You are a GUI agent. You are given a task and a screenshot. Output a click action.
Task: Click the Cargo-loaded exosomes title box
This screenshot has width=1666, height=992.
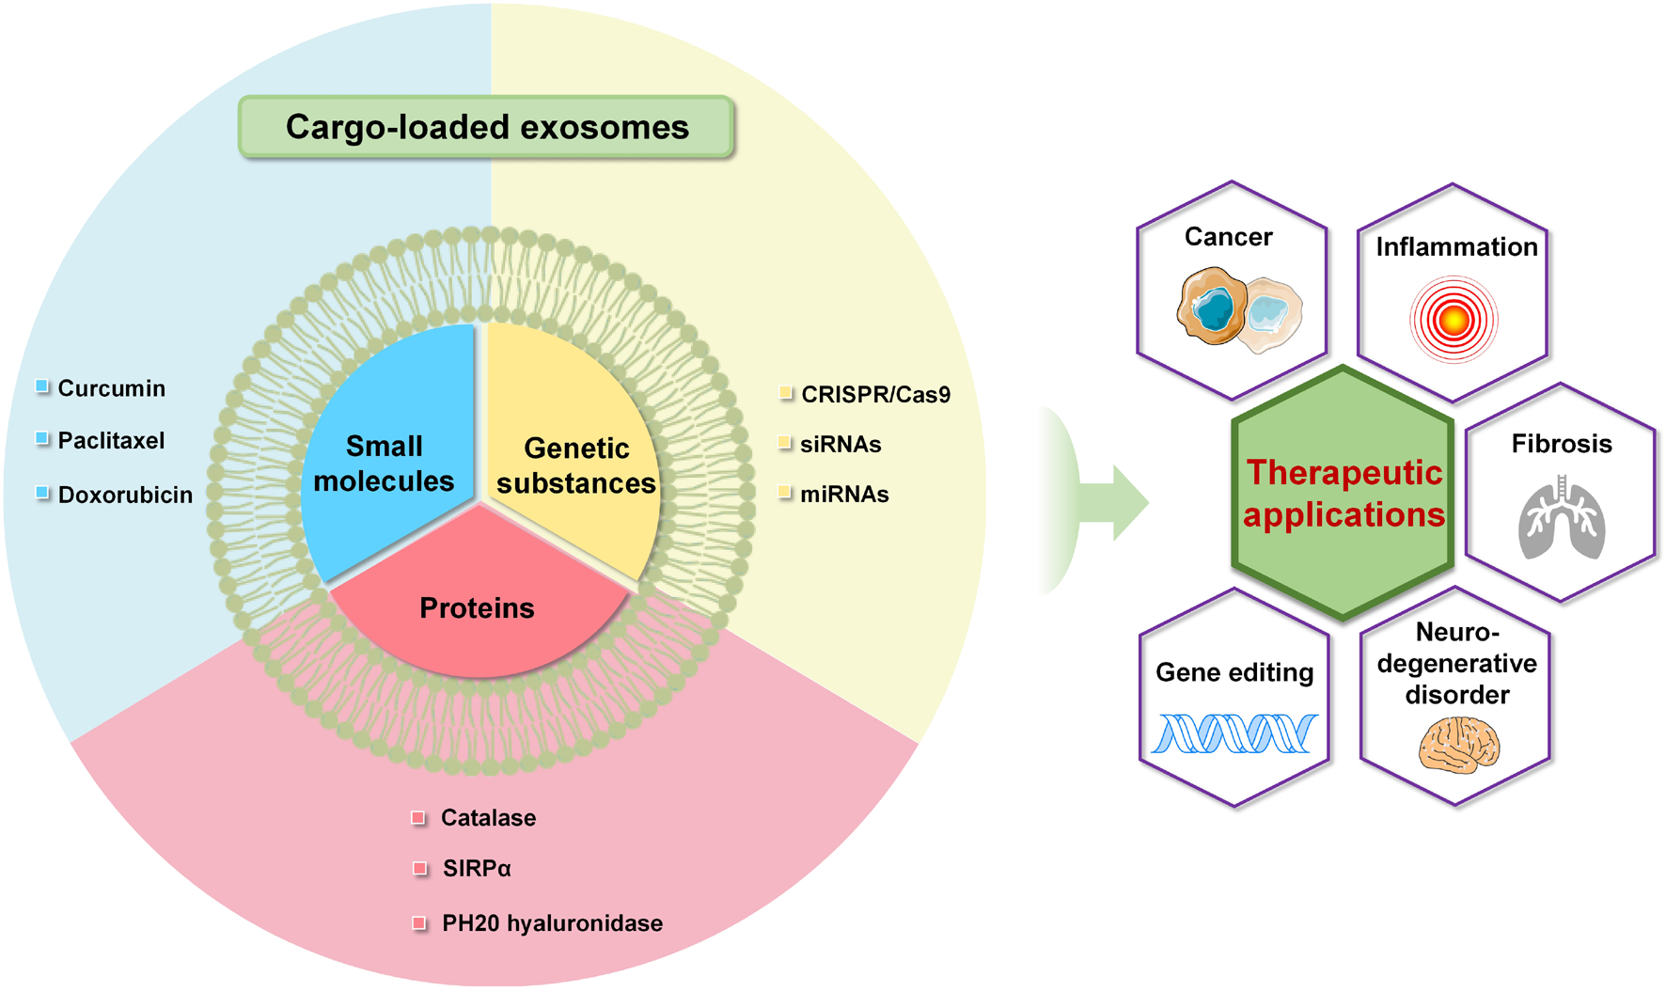click(486, 127)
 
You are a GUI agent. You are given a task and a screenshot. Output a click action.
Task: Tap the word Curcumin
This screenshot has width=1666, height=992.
click(111, 388)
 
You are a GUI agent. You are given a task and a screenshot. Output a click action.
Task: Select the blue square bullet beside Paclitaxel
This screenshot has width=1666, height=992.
click(42, 439)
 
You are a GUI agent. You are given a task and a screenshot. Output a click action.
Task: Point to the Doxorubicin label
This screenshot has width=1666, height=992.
click(125, 495)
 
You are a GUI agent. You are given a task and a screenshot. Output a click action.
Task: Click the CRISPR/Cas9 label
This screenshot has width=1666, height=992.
click(875, 395)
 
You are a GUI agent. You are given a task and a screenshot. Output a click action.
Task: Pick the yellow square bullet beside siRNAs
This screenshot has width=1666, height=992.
click(785, 443)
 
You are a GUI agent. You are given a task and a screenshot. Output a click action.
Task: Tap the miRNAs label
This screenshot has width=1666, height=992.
click(843, 495)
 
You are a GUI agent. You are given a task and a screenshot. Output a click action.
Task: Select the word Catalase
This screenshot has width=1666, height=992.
click(488, 818)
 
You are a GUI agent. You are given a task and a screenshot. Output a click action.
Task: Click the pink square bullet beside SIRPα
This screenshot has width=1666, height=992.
click(419, 868)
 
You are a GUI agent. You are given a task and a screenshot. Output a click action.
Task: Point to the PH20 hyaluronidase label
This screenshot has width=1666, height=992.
click(552, 923)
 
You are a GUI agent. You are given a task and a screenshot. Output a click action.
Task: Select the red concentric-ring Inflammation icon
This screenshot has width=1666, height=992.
click(1454, 321)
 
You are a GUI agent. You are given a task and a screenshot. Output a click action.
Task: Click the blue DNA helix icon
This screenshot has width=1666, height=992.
click(1234, 733)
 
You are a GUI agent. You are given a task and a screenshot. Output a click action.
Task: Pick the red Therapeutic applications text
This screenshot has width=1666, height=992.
click(1344, 494)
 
